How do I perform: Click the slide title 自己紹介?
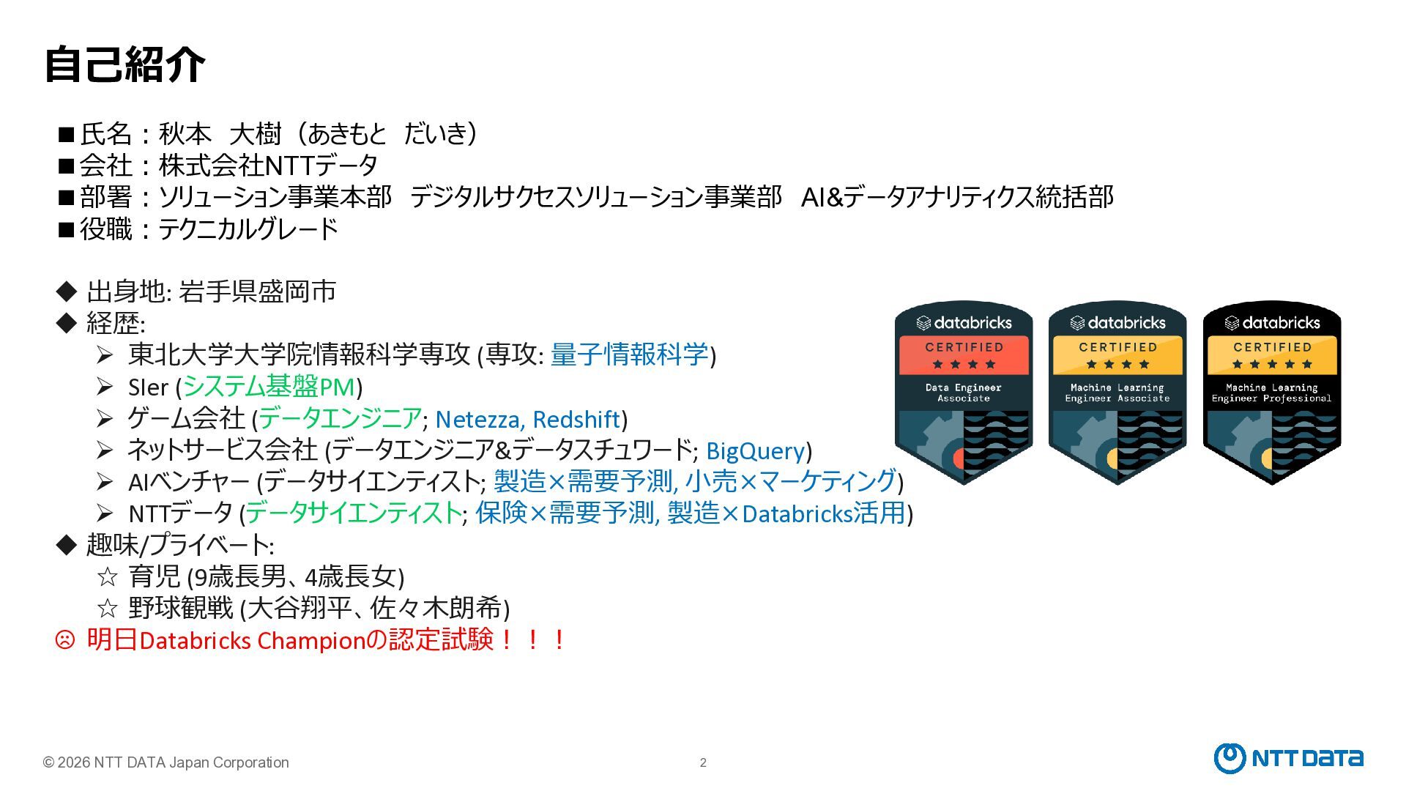(124, 64)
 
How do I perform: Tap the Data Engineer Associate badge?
(964, 392)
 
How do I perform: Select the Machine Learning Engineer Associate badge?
(1117, 392)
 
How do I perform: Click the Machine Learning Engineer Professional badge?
(1272, 392)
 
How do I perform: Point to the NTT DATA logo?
(1288, 758)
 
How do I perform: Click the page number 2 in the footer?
(703, 762)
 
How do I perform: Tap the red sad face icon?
(65, 640)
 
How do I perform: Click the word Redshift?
(576, 419)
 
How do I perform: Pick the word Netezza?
(478, 419)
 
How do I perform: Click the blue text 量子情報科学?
(629, 354)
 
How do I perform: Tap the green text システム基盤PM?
(269, 387)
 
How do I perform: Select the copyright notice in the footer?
(166, 762)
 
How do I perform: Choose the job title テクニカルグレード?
(248, 229)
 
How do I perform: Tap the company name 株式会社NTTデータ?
(268, 166)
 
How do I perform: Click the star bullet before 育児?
(108, 577)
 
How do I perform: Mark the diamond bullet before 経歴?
(66, 322)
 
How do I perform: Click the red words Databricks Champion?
(252, 641)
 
